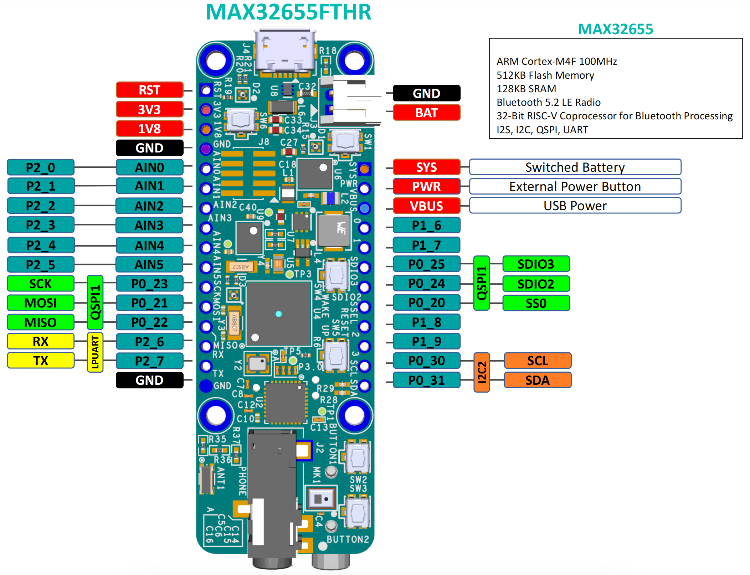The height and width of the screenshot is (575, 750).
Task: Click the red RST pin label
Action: point(149,90)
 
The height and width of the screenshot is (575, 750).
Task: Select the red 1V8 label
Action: point(149,129)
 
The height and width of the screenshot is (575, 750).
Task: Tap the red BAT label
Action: point(426,113)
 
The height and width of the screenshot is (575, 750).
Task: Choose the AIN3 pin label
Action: point(149,226)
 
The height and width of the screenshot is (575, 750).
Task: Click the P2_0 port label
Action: point(41,167)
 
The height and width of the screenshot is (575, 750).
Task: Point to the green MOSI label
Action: point(41,303)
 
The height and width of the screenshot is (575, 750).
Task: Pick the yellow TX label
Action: point(41,361)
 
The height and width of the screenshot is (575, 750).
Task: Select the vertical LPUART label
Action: point(95,352)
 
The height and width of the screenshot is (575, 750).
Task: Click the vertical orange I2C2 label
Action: point(482,372)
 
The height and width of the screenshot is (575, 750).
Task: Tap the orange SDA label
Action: point(538,380)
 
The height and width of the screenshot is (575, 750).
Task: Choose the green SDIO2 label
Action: point(536,284)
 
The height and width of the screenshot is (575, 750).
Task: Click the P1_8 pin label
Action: point(426,322)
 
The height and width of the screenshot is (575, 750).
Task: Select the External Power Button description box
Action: point(575,186)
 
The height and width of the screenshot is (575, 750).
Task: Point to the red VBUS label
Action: point(426,206)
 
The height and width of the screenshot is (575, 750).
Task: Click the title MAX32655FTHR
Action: point(288,12)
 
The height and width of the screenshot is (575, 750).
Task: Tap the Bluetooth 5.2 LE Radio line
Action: point(548,103)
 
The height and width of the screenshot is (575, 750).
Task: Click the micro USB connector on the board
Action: point(285,52)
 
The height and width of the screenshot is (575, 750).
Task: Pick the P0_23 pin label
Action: point(149,284)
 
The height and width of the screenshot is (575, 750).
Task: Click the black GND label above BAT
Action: point(426,93)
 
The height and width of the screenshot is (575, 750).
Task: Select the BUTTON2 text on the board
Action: point(348,539)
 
